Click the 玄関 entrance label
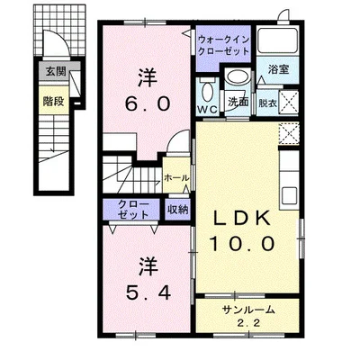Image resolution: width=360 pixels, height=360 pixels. (56, 72)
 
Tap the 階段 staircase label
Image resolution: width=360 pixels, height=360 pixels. (53, 102)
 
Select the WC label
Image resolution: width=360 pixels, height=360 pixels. (208, 110)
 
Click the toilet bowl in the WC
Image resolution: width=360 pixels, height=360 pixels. (207, 91)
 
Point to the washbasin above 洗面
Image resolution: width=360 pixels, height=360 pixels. (237, 76)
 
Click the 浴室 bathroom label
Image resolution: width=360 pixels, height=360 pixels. (278, 69)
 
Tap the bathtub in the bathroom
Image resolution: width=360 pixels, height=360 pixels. (277, 40)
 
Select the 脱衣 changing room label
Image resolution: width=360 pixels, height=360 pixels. (268, 103)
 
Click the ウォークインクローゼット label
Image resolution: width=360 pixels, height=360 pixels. (224, 45)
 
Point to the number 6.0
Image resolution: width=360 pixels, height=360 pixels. (148, 104)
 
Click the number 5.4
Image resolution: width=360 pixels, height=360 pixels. (148, 292)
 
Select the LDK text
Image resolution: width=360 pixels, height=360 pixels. (242, 219)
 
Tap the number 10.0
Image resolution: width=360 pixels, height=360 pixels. (242, 243)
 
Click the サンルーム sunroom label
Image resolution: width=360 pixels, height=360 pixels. (248, 310)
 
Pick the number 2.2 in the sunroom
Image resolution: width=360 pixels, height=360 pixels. (247, 323)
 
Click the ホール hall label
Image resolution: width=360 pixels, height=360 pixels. (176, 178)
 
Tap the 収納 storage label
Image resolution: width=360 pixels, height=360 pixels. (177, 210)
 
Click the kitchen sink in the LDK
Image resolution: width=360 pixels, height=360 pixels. (290, 195)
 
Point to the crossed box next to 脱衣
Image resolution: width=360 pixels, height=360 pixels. (289, 103)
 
